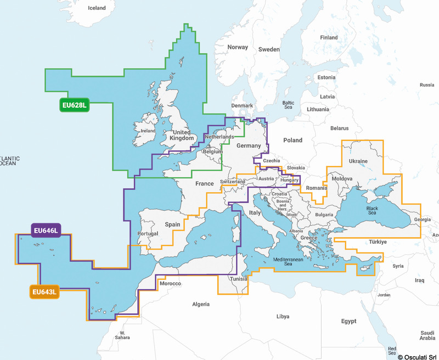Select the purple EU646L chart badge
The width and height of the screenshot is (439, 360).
[46, 230]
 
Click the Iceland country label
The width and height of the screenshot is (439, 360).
[97, 8]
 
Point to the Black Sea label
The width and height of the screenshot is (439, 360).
[372, 211]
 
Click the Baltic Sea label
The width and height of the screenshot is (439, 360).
[288, 105]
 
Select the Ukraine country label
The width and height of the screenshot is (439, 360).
[359, 161]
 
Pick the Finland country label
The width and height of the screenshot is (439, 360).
[329, 37]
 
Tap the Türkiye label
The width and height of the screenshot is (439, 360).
[378, 241]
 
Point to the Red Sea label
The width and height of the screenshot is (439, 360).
[392, 350]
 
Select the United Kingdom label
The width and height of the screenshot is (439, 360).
[182, 135]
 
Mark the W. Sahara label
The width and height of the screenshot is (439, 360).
[123, 336]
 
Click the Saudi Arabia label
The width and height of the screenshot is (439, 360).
[427, 335]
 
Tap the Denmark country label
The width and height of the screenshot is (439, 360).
[242, 105]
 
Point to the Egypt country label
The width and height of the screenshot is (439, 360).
[348, 320]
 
